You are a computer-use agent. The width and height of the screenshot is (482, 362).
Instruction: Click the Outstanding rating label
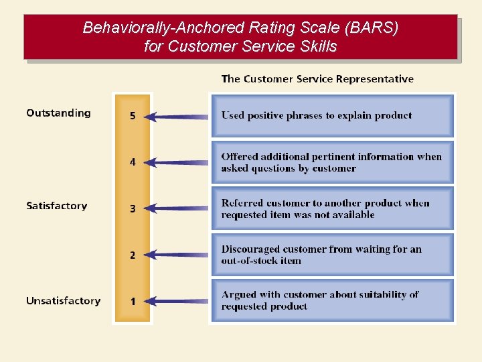pyautogui.click(x=58, y=113)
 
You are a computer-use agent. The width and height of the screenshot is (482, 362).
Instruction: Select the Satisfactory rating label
pyautogui.click(x=56, y=206)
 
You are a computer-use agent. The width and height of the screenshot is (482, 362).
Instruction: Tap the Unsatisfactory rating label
pyautogui.click(x=63, y=301)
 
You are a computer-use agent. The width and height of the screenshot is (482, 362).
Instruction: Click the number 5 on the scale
pyautogui.click(x=133, y=116)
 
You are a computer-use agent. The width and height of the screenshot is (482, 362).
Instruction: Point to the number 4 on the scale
pyautogui.click(x=133, y=162)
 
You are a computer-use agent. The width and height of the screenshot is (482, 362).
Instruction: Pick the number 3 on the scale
pyautogui.click(x=133, y=208)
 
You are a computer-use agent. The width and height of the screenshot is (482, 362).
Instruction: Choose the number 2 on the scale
pyautogui.click(x=133, y=255)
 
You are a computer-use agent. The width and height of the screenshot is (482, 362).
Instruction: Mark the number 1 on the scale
pyautogui.click(x=133, y=301)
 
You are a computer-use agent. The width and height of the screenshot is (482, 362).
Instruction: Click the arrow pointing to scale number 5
pyautogui.click(x=177, y=117)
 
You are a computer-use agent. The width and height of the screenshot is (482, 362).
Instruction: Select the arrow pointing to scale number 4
pyautogui.click(x=177, y=162)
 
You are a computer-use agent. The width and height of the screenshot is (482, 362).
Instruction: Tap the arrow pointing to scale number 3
pyautogui.click(x=177, y=208)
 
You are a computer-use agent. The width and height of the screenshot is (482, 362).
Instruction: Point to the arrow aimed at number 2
pyautogui.click(x=177, y=255)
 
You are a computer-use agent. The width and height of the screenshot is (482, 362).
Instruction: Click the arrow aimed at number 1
pyautogui.click(x=177, y=301)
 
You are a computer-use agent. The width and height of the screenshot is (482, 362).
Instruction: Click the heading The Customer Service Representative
pyautogui.click(x=317, y=79)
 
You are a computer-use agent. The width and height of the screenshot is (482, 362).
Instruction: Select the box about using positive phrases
pyautogui.click(x=332, y=115)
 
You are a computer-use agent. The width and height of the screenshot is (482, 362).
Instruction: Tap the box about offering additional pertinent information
pyautogui.click(x=332, y=162)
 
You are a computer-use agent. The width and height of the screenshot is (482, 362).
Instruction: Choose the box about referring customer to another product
pyautogui.click(x=332, y=208)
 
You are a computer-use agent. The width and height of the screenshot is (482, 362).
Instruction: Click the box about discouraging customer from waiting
pyautogui.click(x=332, y=255)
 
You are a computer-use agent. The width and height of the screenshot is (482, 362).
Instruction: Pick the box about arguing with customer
pyautogui.click(x=332, y=300)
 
